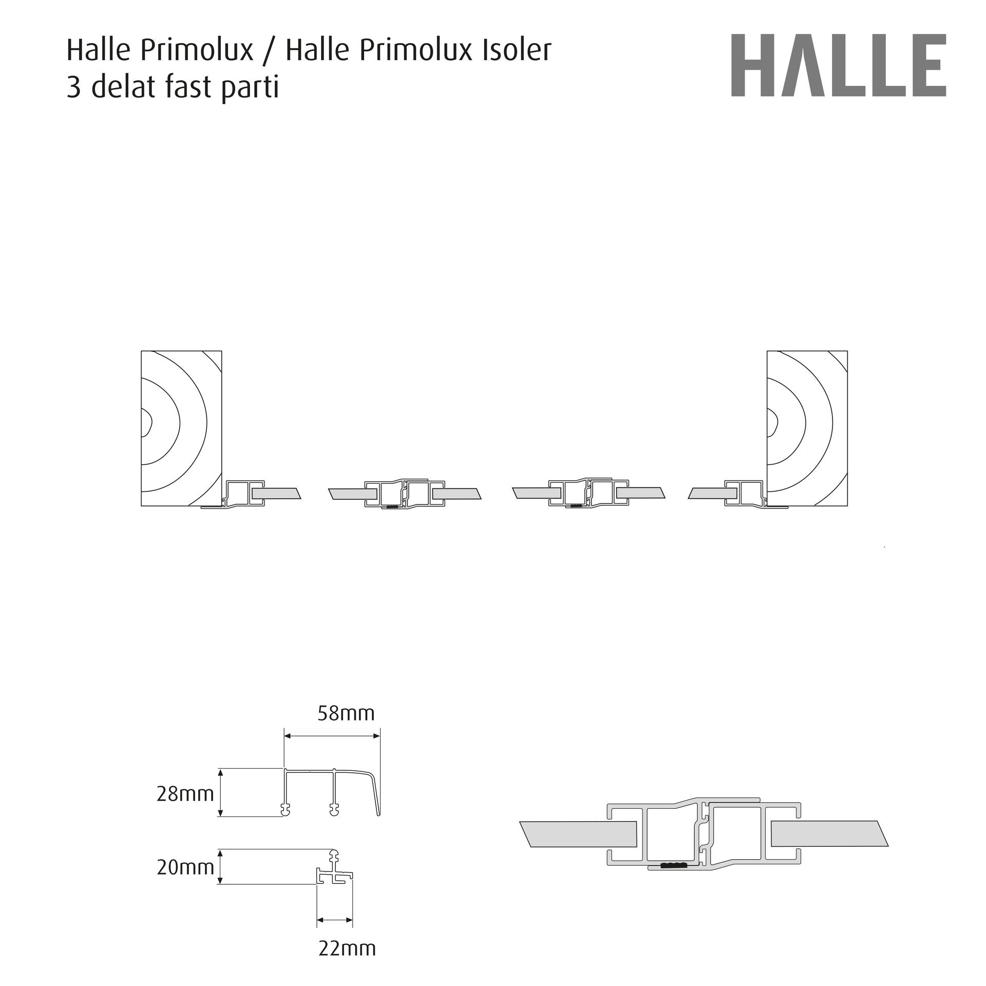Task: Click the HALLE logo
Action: coord(839,65)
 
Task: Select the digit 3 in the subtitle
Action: coord(74,87)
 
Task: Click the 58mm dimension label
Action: coord(346,713)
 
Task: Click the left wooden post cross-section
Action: coord(182,428)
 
